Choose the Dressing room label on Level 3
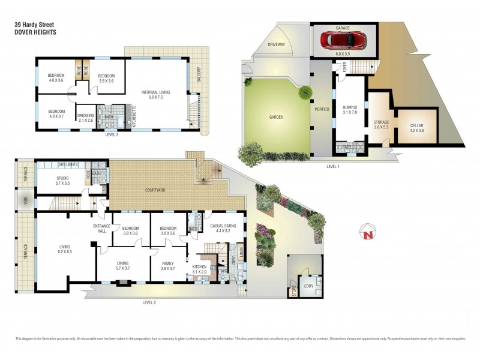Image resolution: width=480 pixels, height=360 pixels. click(85, 118)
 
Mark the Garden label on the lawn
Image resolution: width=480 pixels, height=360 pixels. click(276, 117)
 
